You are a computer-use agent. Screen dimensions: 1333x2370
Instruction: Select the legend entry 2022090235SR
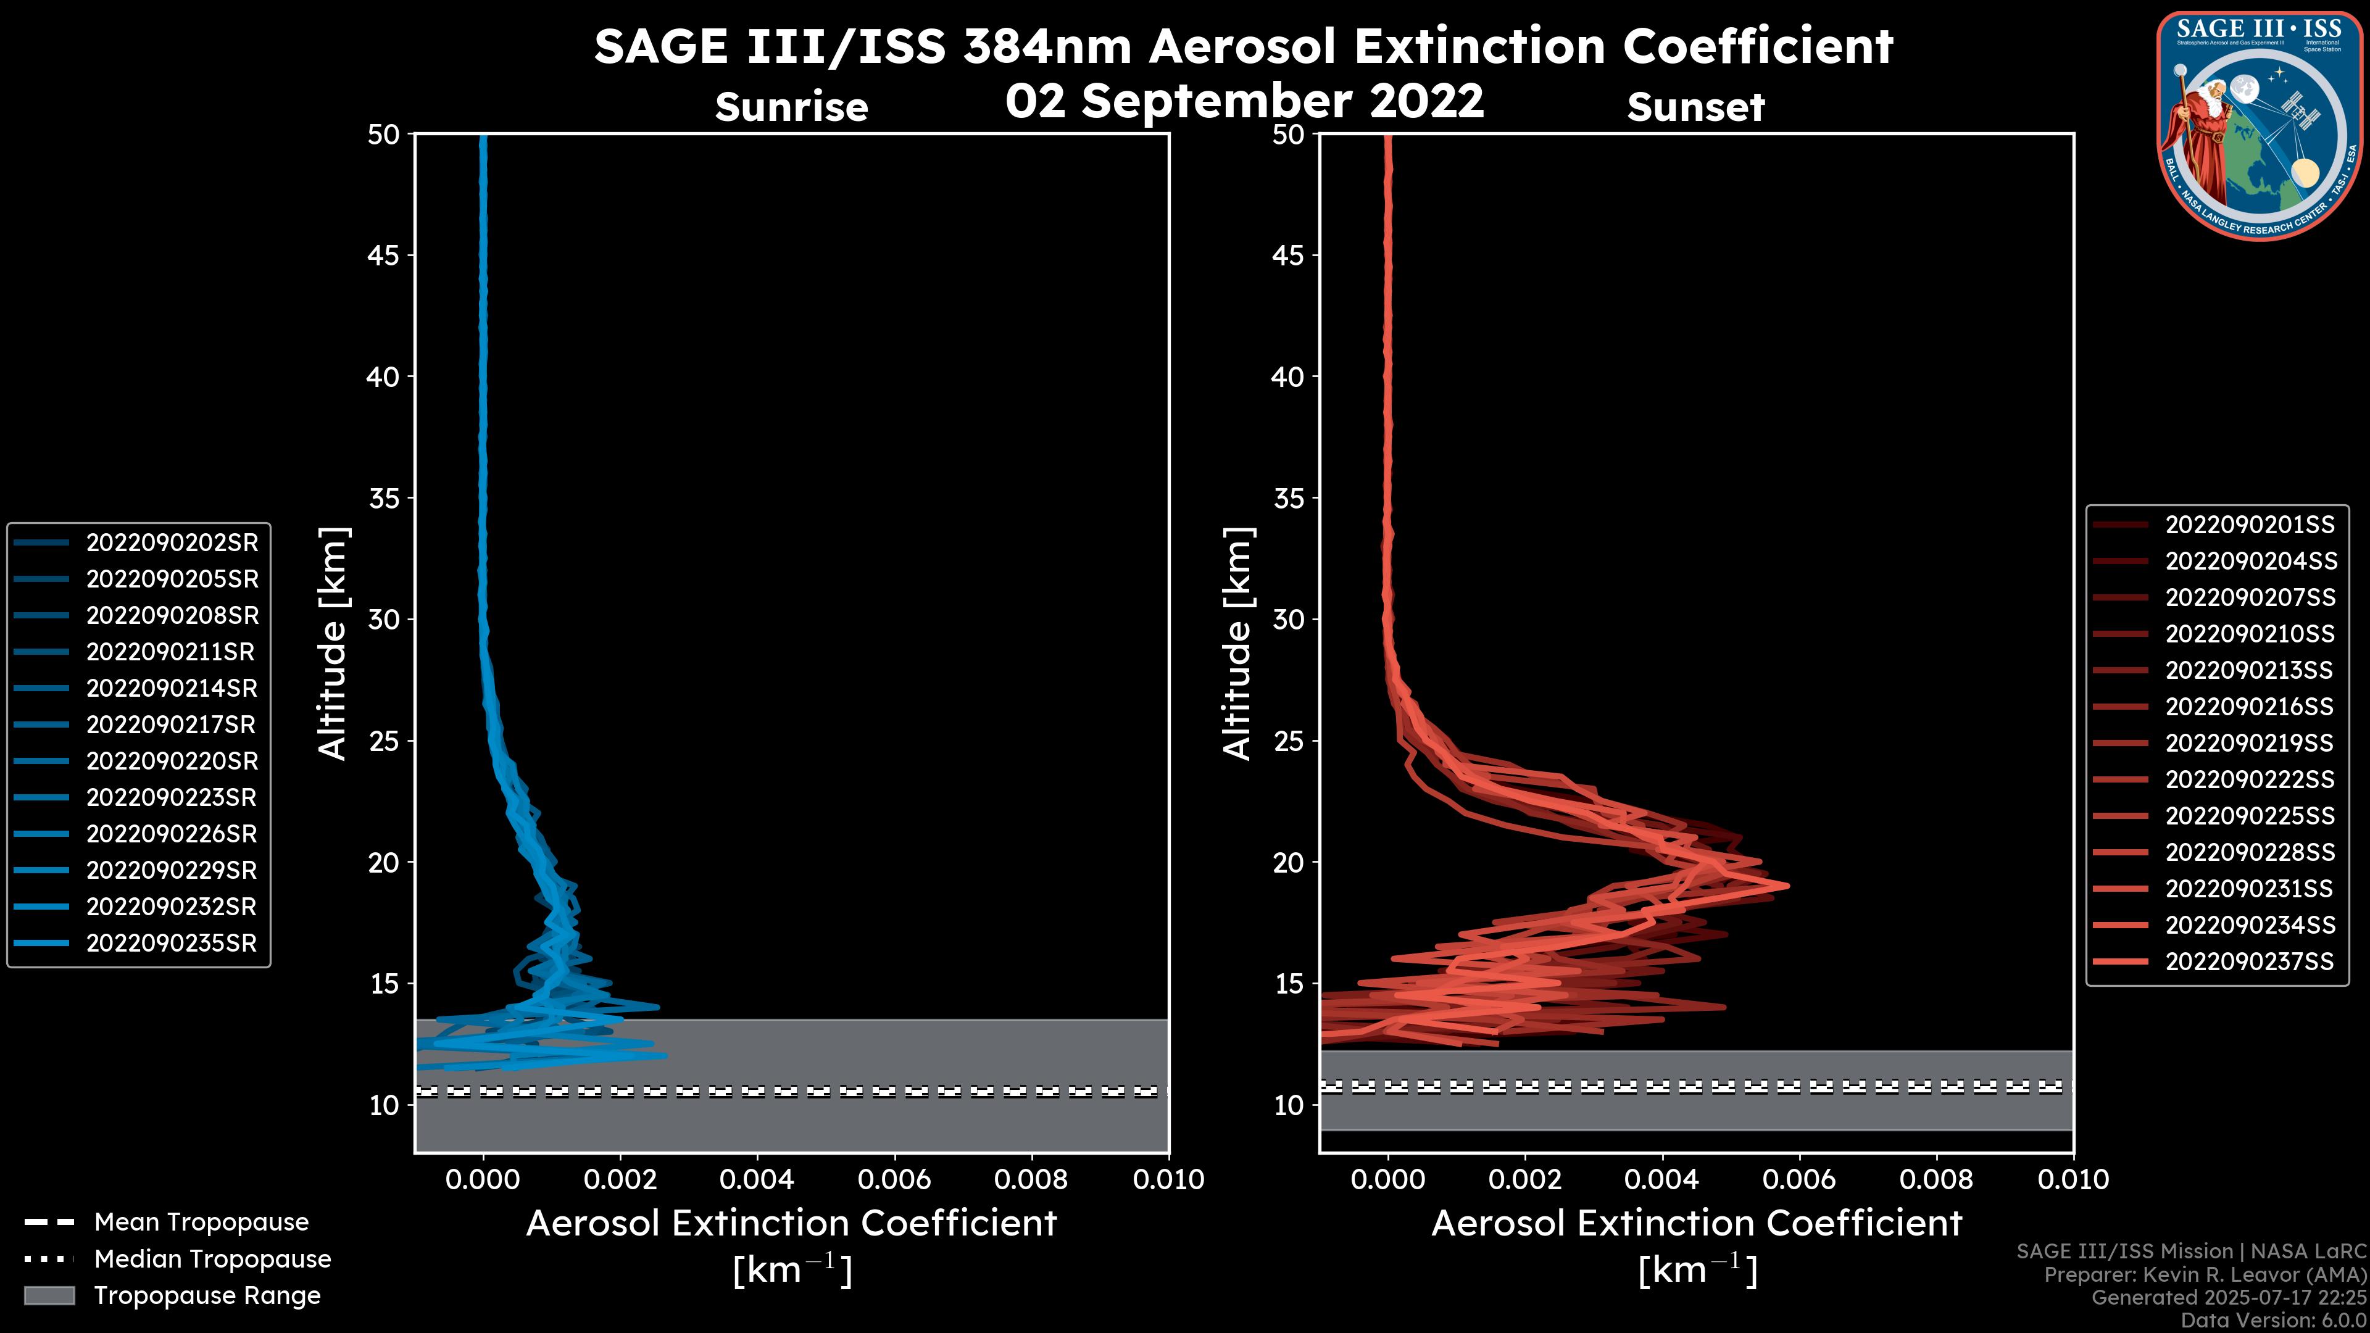(171, 943)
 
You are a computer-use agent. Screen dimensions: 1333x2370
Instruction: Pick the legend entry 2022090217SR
(170, 725)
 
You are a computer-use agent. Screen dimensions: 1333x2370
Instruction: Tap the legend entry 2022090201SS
(2250, 525)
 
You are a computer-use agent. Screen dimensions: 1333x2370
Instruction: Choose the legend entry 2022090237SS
(2250, 961)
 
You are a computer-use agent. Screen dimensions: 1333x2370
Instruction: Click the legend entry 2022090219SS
(2250, 743)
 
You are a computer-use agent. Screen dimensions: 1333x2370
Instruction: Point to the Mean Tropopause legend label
(201, 1222)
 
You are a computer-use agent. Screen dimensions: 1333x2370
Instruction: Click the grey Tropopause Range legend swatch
(49, 1295)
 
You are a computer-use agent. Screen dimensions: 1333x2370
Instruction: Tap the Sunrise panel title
(791, 107)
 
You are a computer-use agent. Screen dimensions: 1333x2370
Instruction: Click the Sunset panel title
(1695, 107)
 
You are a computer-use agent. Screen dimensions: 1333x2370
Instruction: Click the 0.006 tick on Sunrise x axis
(894, 1179)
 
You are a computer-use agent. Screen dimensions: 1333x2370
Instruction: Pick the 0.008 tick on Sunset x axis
(1937, 1179)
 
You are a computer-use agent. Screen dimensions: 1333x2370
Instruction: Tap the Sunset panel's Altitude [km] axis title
(1237, 644)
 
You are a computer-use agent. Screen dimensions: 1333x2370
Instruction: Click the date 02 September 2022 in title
(1244, 101)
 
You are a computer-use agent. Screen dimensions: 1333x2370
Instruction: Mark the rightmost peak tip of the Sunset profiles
(1787, 886)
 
